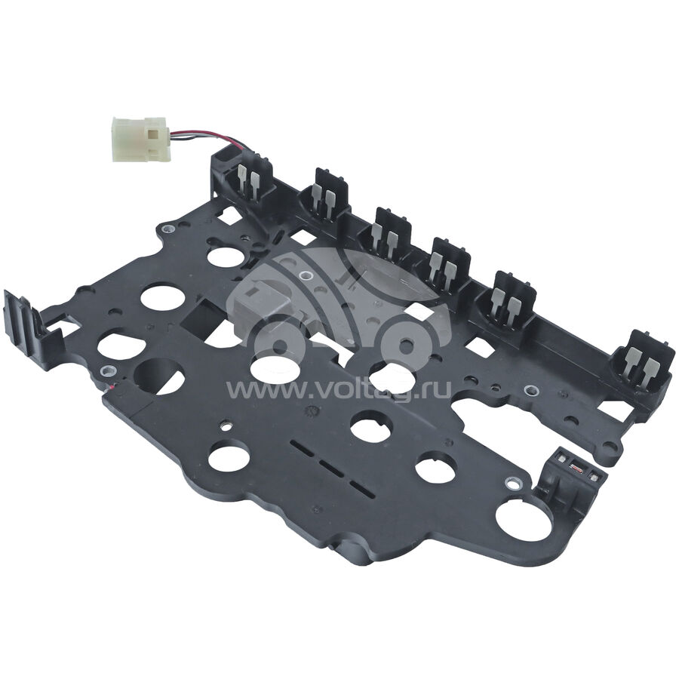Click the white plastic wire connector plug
point(139,139)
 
